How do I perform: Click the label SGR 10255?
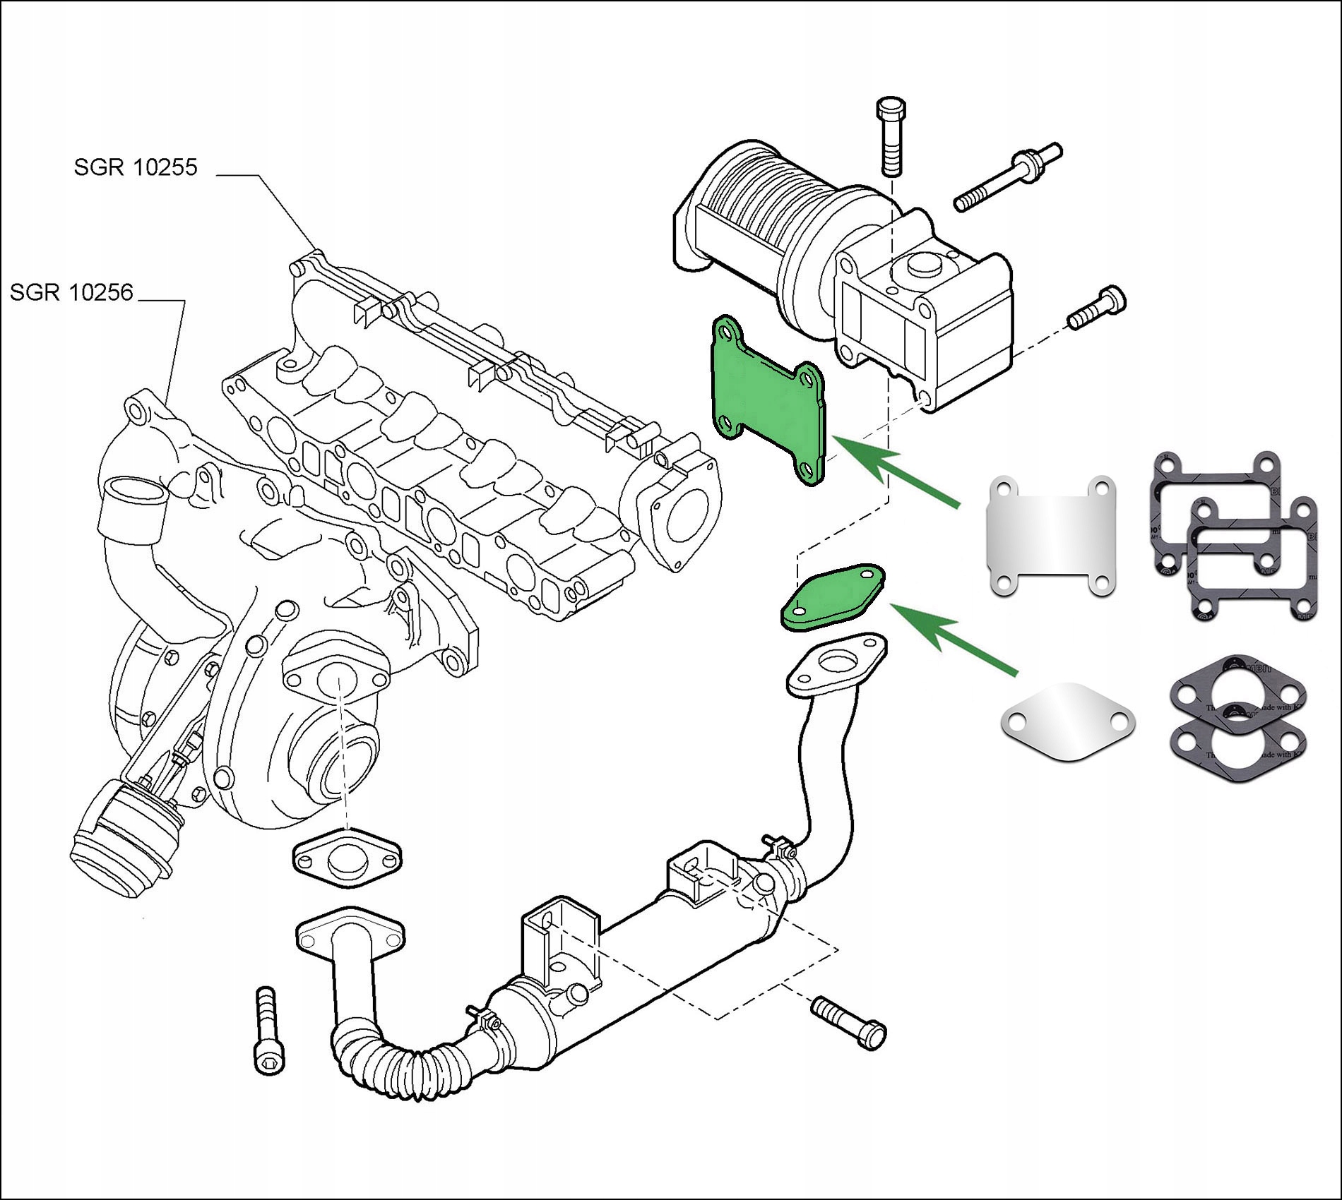coord(136,167)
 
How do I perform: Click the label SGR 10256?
coord(71,292)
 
